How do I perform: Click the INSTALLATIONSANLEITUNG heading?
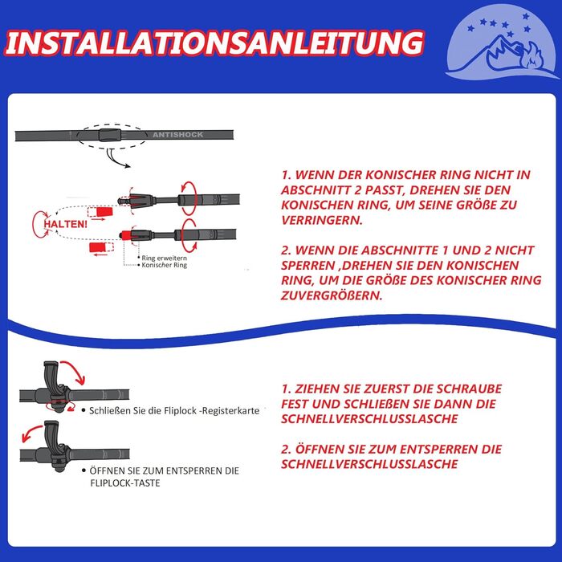click(x=214, y=43)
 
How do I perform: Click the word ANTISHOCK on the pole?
click(x=177, y=135)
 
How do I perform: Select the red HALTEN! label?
click(x=66, y=224)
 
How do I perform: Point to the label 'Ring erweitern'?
click(x=164, y=258)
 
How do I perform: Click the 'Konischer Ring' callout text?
click(x=164, y=265)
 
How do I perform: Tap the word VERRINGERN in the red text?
click(x=322, y=220)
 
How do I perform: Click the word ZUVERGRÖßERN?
click(x=332, y=295)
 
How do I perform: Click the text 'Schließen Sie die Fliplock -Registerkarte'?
click(x=174, y=411)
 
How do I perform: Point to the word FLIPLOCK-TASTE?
click(x=125, y=483)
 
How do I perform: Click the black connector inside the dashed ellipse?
click(x=110, y=135)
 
